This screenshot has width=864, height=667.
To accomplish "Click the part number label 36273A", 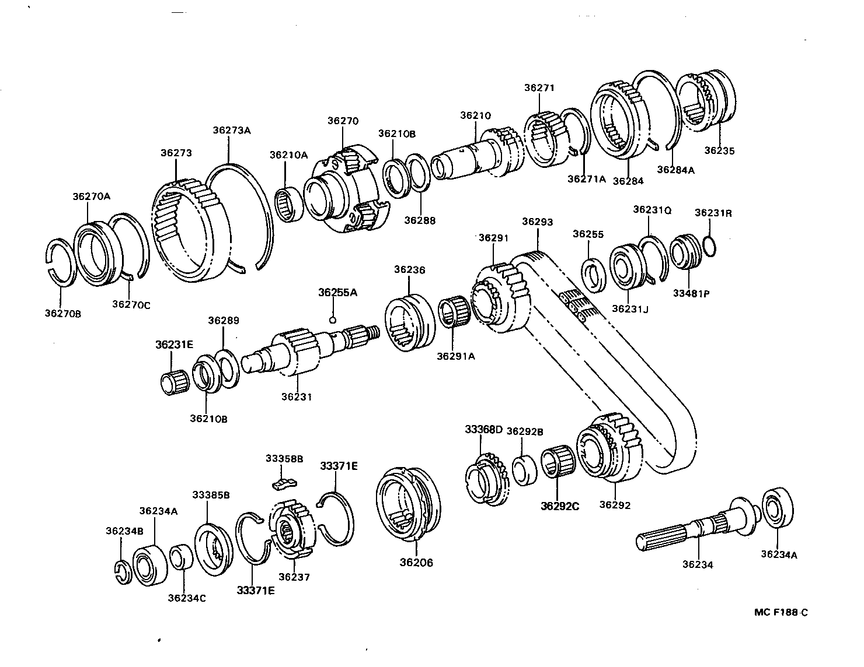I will point(231,130).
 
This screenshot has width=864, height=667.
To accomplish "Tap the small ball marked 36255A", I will point(332,319).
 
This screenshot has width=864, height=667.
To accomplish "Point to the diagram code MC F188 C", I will point(781,612).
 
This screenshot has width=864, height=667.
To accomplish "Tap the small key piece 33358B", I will point(284,482).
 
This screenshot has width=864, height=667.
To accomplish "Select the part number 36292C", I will point(559,506).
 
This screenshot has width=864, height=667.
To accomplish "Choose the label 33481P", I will point(691,293).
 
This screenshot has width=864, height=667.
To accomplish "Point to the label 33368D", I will point(483,430).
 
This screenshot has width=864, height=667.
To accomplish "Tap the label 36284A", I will point(675,170).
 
